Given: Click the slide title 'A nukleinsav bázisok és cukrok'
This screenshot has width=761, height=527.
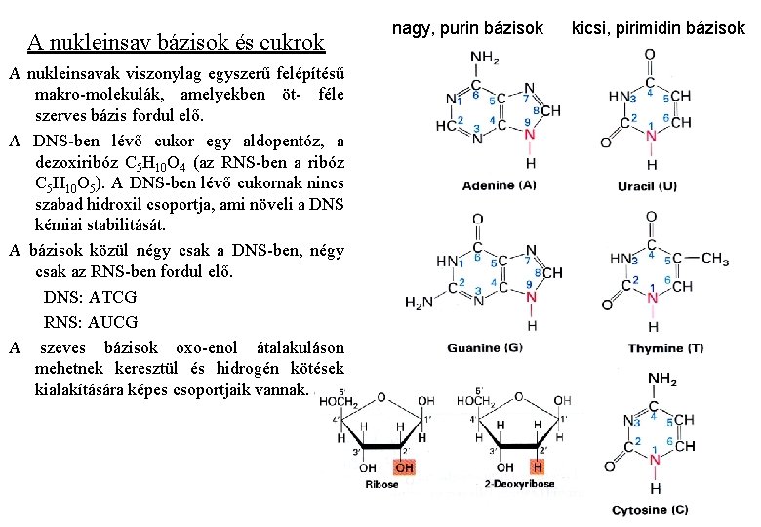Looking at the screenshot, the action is point(176,42).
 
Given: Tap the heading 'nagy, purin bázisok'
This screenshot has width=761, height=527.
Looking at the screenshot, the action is point(467,29).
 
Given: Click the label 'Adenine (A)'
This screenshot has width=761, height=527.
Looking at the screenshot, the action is point(500,185).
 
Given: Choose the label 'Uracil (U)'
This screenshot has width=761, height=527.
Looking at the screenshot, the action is point(648,186).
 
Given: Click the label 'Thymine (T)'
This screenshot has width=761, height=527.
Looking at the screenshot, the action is point(665,348).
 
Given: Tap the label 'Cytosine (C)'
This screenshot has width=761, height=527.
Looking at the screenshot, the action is point(650,510).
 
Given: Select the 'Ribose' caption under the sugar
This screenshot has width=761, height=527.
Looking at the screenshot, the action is point(381,484).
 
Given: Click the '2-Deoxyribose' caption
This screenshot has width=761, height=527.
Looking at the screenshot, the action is point(520,484).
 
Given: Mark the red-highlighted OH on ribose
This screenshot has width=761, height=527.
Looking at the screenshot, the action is point(404,467).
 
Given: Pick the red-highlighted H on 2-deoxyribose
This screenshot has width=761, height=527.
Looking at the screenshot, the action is point(538,467).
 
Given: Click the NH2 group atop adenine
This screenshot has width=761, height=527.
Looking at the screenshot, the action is point(484,58).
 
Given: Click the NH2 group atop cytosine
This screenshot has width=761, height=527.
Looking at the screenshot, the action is point(662,379).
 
